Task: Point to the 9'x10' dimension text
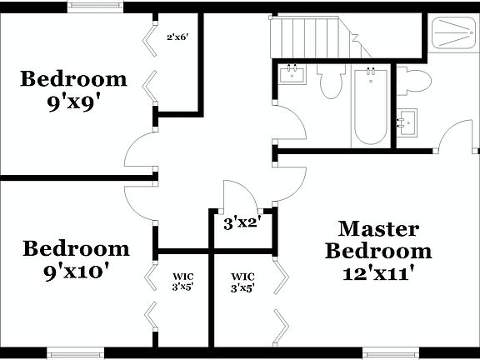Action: pos(75,271)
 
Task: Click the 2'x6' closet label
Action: pos(177,37)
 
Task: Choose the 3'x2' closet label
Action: pos(243,222)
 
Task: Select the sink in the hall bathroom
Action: pos(292,77)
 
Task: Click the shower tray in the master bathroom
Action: pos(453,34)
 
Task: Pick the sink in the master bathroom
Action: pos(408,123)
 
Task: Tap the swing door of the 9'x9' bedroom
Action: pos(139,152)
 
